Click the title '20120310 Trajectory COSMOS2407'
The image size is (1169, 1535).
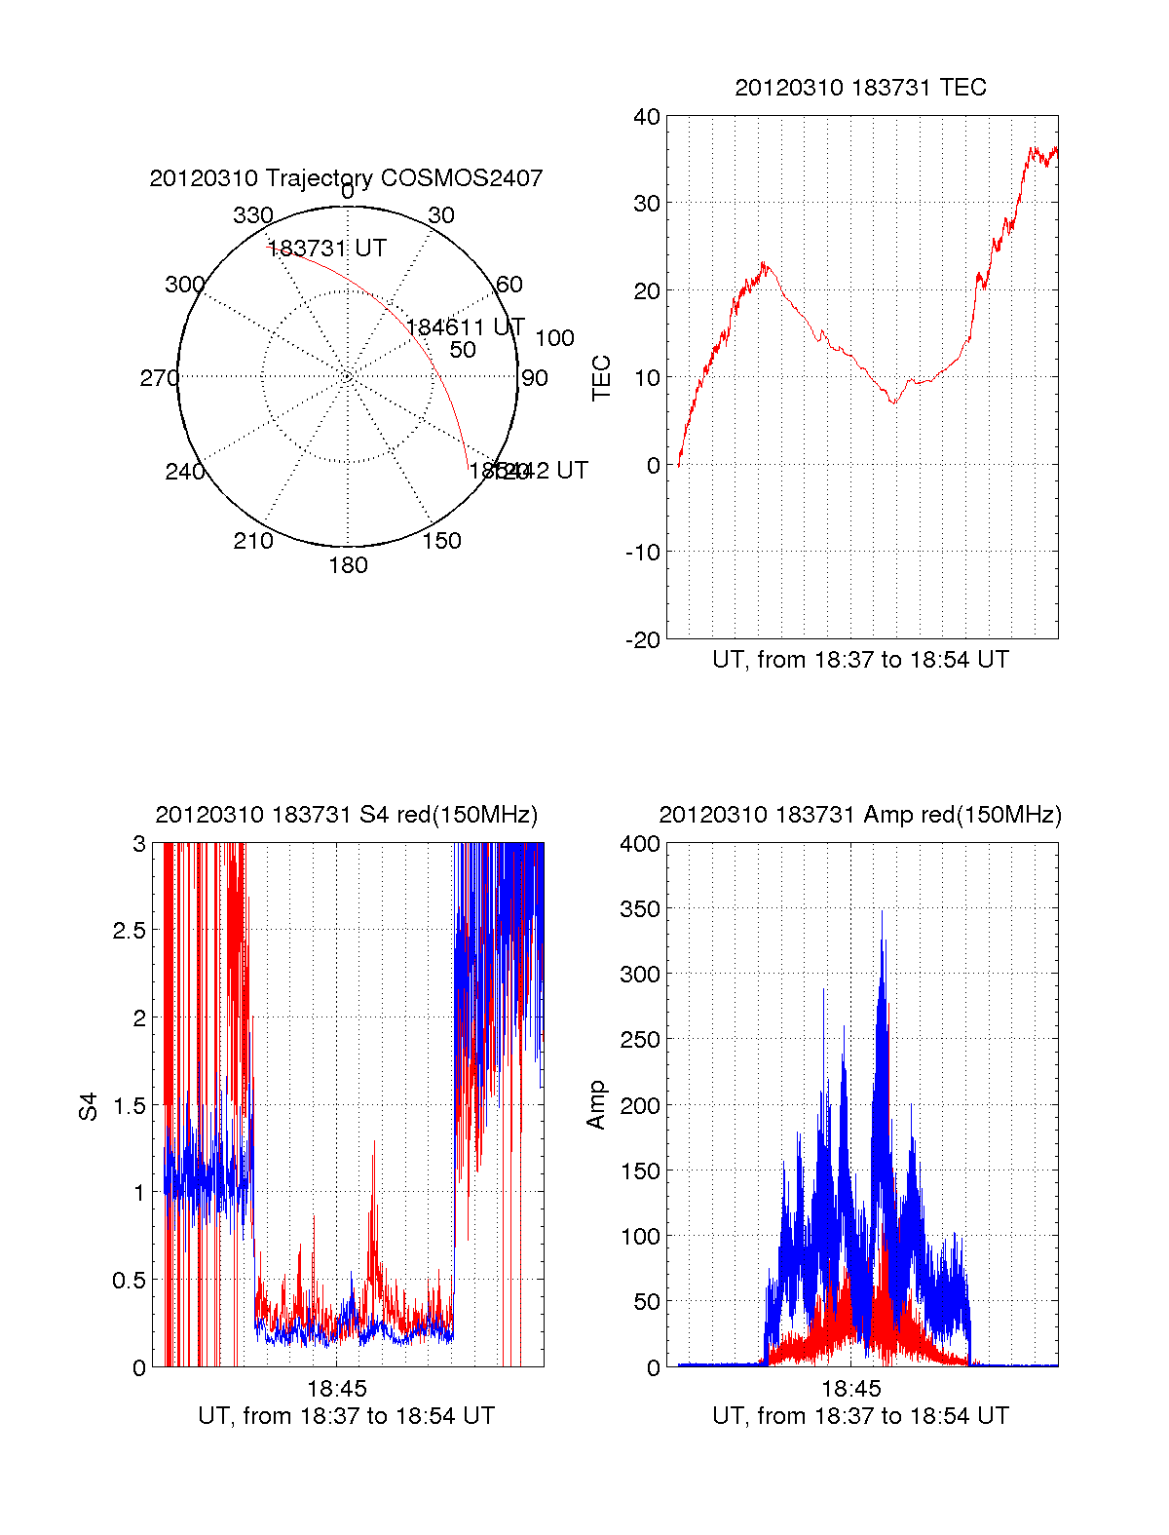(x=346, y=178)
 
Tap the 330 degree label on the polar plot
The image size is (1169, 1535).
(x=252, y=215)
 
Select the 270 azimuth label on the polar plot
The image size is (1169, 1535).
(x=159, y=378)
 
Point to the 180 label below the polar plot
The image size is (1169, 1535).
(x=348, y=565)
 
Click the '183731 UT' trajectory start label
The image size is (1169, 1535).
(x=327, y=249)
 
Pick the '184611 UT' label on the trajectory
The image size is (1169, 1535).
(x=466, y=327)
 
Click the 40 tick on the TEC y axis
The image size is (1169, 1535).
(x=647, y=117)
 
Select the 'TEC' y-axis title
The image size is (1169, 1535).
(x=602, y=378)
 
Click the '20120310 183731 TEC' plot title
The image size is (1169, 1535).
(x=860, y=88)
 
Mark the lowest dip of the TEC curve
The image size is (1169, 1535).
(x=894, y=403)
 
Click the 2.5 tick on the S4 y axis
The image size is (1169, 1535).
(x=130, y=931)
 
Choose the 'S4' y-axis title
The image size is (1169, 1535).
(x=89, y=1106)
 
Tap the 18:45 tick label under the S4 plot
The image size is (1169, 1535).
(x=337, y=1389)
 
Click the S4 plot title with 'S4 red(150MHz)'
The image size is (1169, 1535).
(x=346, y=815)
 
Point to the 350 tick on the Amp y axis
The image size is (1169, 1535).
(x=640, y=909)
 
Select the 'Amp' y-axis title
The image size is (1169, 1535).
(x=596, y=1105)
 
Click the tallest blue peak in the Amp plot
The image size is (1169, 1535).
(x=883, y=912)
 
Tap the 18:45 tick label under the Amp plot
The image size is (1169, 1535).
(x=851, y=1389)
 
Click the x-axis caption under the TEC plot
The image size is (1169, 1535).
(x=860, y=660)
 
